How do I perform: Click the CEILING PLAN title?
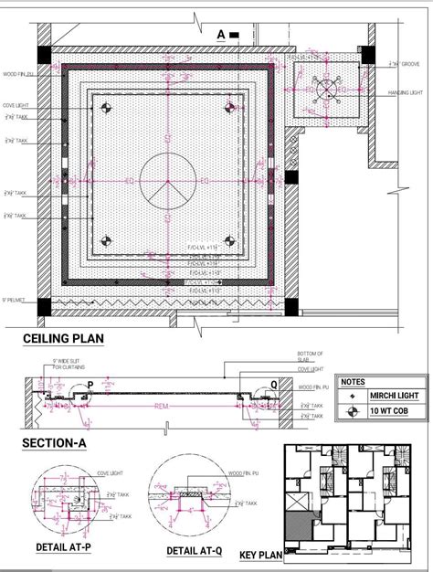tap(63, 339)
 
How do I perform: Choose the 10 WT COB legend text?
tap(389, 411)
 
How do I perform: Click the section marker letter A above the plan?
tap(220, 35)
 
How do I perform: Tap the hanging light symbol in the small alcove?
tap(326, 89)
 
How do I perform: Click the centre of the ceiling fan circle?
tap(166, 181)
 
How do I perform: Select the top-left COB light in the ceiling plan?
tap(107, 109)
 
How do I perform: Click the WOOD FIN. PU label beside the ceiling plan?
tap(19, 74)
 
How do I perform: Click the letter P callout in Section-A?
tap(90, 385)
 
